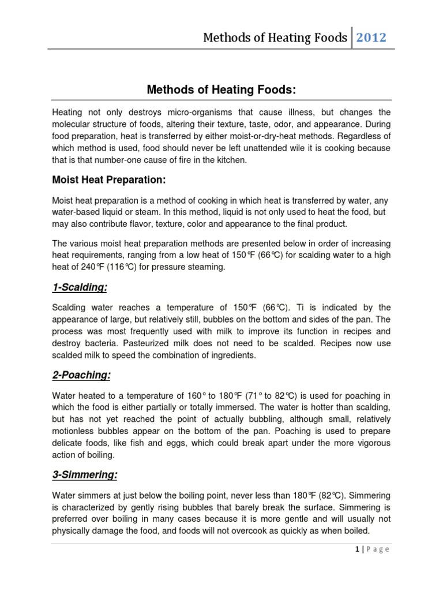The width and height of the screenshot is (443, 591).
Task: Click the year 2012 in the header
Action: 371,38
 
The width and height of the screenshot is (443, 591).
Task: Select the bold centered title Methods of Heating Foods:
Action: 221,89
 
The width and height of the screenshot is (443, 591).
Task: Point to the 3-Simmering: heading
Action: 84,476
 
